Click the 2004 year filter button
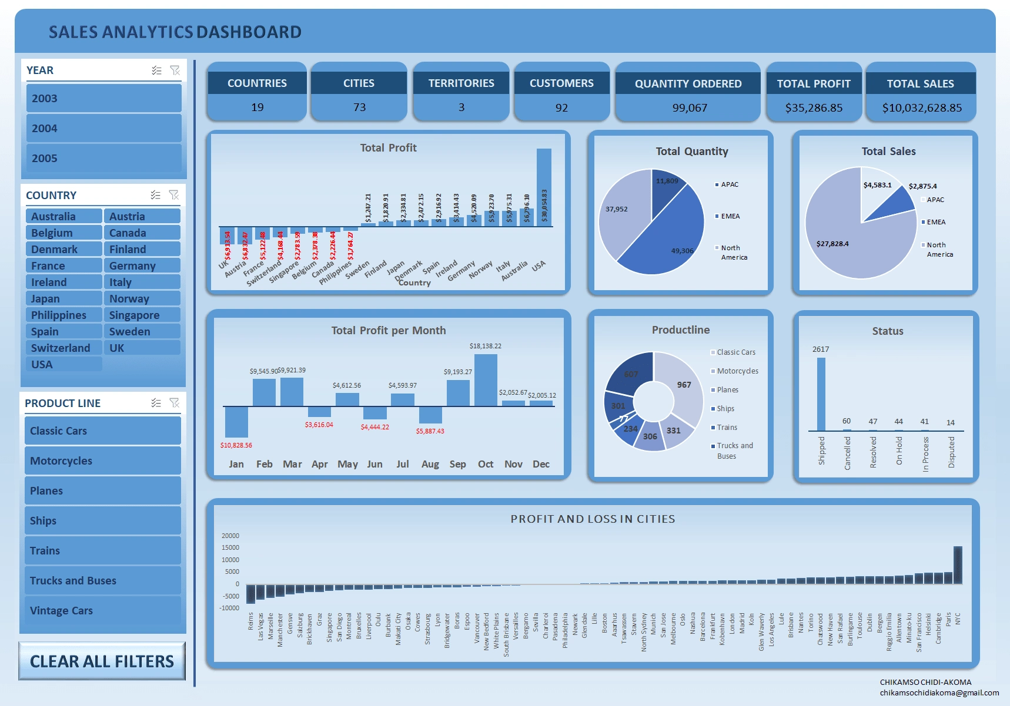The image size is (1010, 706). point(103,129)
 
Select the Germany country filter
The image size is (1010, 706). point(142,266)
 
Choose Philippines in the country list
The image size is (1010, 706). point(63,315)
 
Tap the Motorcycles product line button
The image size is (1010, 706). point(102,461)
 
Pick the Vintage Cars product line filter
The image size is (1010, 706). point(102,611)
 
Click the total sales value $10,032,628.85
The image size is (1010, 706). point(921,108)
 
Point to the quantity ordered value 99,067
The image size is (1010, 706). point(689,108)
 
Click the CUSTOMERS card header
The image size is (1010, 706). point(561,83)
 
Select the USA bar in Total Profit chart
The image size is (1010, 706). point(544,188)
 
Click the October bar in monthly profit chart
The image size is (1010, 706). point(486,380)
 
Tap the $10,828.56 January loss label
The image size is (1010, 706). point(236,445)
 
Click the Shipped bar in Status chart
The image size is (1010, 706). point(821,394)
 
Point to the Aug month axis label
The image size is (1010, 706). point(430,464)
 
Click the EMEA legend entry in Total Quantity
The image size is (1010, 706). point(730,216)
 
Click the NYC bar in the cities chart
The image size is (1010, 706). point(958,565)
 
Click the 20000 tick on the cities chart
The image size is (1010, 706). point(230,536)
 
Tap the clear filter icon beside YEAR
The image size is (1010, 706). point(175,70)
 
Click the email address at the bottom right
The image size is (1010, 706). point(939,692)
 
